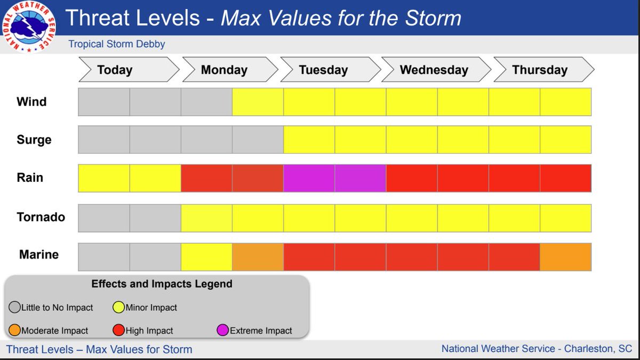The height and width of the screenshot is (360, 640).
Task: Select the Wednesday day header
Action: [x=434, y=70]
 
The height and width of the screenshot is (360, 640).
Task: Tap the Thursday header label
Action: [x=540, y=70]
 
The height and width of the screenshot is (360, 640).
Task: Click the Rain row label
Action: [x=30, y=178]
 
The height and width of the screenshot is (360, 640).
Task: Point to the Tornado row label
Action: [x=41, y=217]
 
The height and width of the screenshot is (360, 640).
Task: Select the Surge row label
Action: [x=34, y=140]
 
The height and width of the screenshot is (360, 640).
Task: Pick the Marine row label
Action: [x=39, y=254]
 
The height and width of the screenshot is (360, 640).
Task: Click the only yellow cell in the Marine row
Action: [x=206, y=257]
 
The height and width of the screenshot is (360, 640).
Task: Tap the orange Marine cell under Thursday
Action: [x=565, y=257]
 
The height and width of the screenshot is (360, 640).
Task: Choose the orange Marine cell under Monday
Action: [x=258, y=257]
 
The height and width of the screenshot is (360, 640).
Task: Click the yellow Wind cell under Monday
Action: [x=258, y=102]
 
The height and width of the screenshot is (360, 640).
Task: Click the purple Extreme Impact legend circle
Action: [x=223, y=331]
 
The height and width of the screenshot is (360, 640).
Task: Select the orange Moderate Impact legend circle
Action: [x=14, y=331]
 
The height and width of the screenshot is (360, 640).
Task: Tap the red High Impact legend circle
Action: [x=118, y=331]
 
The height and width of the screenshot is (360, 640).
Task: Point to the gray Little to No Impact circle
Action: [x=14, y=307]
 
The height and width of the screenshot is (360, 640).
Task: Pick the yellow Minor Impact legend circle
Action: [x=118, y=307]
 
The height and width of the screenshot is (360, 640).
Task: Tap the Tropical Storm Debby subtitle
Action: [x=117, y=44]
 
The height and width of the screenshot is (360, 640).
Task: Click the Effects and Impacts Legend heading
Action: [x=162, y=284]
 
